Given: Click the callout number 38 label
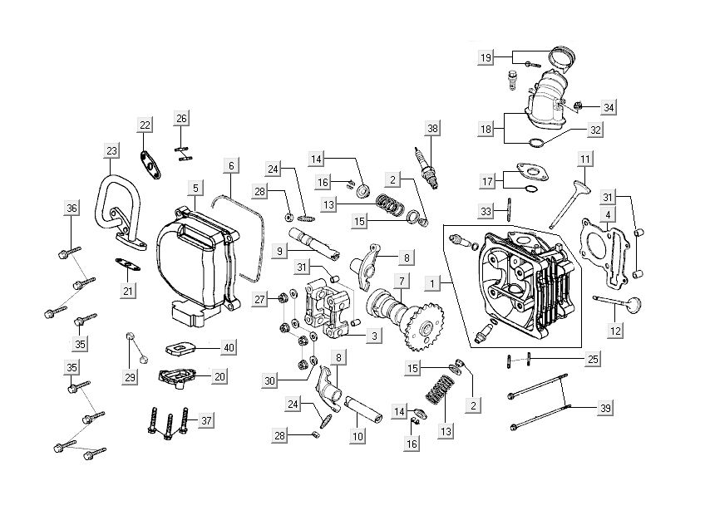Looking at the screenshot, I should [x=432, y=129].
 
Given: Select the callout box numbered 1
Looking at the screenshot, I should [x=432, y=283].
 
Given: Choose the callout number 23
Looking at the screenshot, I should [x=112, y=150].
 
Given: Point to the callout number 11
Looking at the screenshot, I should [x=585, y=158].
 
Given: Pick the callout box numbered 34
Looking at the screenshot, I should [x=609, y=108].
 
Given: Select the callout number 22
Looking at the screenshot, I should [x=145, y=125].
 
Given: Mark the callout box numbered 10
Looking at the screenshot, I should [x=357, y=435].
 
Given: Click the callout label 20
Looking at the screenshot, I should [x=219, y=376].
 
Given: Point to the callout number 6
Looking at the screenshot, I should [x=232, y=166].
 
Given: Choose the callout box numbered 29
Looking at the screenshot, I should [x=130, y=378].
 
